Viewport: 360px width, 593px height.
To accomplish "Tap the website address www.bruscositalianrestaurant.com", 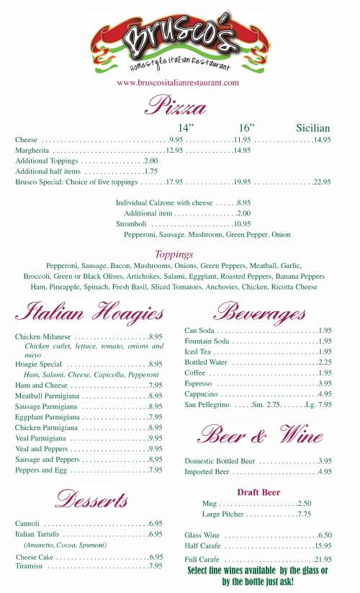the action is tap(178, 83).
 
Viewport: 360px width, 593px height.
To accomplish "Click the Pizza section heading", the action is tap(176, 107).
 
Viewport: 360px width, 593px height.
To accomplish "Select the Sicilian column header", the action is tap(312, 128).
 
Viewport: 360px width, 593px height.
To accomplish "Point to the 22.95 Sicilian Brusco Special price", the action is tap(321, 182).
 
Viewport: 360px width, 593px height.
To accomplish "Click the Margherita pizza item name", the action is tap(32, 150).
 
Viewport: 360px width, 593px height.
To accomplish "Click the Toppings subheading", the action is tap(174, 254).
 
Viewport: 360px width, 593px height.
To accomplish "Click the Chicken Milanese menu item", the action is tap(42, 336).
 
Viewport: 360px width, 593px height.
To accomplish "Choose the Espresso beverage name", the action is tap(198, 383).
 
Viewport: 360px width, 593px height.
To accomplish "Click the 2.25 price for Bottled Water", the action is tap(324, 362).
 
